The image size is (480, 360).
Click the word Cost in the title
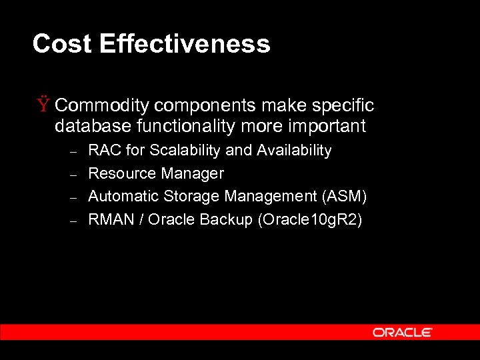click(x=62, y=44)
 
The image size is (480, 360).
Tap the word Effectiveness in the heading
click(x=185, y=44)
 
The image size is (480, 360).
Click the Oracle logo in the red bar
click(x=403, y=332)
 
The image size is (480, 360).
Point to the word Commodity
click(x=102, y=106)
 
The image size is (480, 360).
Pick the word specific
click(x=341, y=106)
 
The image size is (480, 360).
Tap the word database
click(x=86, y=126)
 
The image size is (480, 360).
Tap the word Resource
click(x=121, y=173)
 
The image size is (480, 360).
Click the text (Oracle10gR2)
click(x=309, y=219)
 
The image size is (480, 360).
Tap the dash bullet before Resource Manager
click(x=75, y=173)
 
